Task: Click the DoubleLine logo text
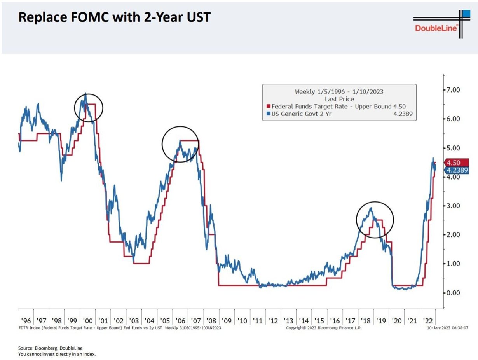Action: coord(436,28)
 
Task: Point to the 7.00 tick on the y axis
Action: coord(452,90)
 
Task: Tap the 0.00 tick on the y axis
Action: coord(452,293)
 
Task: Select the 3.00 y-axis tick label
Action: coord(452,206)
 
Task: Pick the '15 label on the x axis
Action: coord(319,321)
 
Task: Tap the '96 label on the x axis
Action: coord(26,321)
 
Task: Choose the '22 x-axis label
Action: coord(427,321)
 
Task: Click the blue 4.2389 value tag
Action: coord(457,170)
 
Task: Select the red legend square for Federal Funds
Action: coord(268,107)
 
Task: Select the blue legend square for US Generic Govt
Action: coord(268,114)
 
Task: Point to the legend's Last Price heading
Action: coord(339,99)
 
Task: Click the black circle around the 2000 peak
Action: coord(89,108)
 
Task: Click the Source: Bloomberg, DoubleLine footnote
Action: coord(50,348)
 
